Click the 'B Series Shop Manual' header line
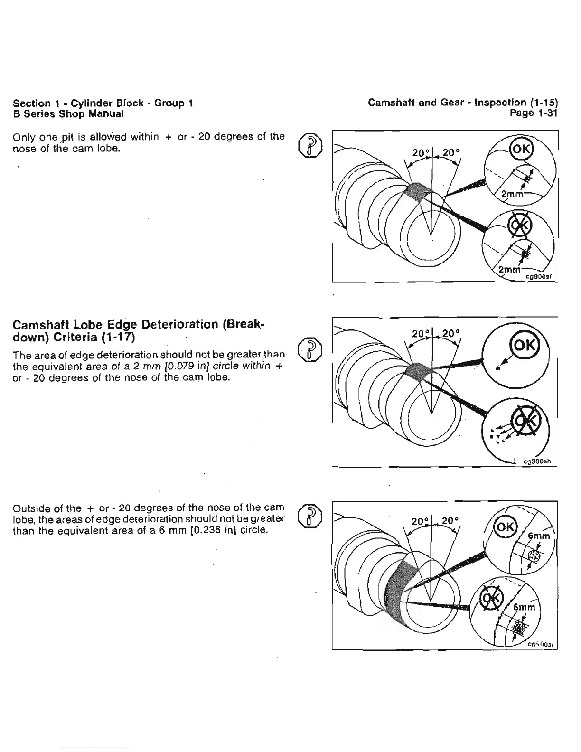(x=69, y=114)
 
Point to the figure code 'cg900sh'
(x=536, y=461)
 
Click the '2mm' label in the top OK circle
(x=512, y=194)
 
